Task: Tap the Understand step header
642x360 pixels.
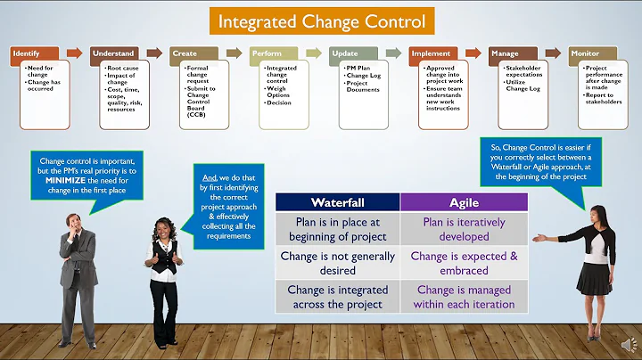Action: pyautogui.click(x=115, y=53)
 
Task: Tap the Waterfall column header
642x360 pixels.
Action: pyautogui.click(x=337, y=202)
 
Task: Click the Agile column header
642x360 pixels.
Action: pyautogui.click(x=464, y=202)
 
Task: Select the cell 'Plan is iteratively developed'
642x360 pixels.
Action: pyautogui.click(x=464, y=229)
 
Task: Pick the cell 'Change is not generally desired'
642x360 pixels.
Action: pyautogui.click(x=337, y=263)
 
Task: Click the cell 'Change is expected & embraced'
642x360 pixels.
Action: pyautogui.click(x=464, y=263)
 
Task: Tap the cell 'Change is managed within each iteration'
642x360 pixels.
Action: pyautogui.click(x=464, y=297)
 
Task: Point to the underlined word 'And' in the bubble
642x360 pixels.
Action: pyautogui.click(x=209, y=176)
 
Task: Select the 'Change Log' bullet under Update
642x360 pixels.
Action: pyautogui.click(x=364, y=76)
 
